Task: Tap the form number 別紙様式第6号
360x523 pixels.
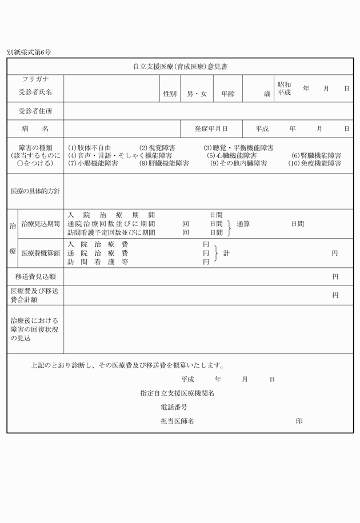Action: pyautogui.click(x=29, y=52)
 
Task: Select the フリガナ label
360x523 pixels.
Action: pyautogui.click(x=35, y=79)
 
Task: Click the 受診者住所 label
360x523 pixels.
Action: pyautogui.click(x=35, y=111)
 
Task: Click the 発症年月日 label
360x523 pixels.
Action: pyautogui.click(x=211, y=129)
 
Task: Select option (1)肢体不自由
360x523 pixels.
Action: pyautogui.click(x=90, y=147)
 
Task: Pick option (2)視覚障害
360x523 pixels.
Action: pyautogui.click(x=158, y=147)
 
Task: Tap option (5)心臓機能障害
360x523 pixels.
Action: pyautogui.click(x=231, y=155)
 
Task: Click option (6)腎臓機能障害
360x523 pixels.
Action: pyautogui.click(x=317, y=155)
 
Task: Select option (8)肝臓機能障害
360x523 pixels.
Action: pyautogui.click(x=164, y=163)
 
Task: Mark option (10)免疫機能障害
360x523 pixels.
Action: pyautogui.click(x=315, y=163)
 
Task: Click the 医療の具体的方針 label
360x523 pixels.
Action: pyautogui.click(x=35, y=191)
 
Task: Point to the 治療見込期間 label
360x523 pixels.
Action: pyautogui.click(x=41, y=224)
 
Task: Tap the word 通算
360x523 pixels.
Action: pyautogui.click(x=243, y=224)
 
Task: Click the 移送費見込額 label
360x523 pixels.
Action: pyautogui.click(x=35, y=276)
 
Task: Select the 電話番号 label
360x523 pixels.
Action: pyautogui.click(x=174, y=408)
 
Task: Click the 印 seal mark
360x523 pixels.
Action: pyautogui.click(x=299, y=421)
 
